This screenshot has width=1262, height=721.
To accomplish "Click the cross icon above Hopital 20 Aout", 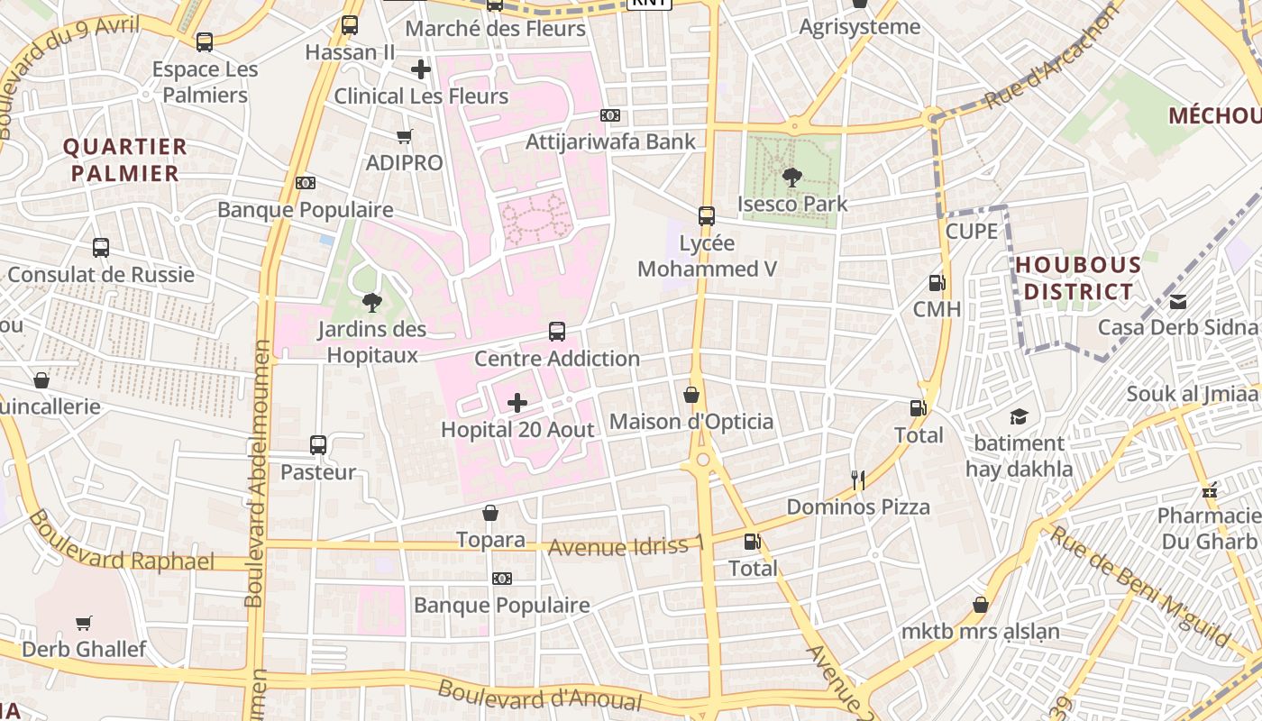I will pyautogui.click(x=517, y=402).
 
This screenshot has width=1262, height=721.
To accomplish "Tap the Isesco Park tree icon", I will pyautogui.click(x=792, y=178).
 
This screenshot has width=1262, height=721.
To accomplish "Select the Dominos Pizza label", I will pyautogui.click(x=858, y=507).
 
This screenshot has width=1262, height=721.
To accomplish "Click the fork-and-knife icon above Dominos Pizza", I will pyautogui.click(x=858, y=480).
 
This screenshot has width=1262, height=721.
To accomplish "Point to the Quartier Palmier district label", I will pyautogui.click(x=125, y=160).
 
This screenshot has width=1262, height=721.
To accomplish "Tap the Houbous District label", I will pyautogui.click(x=1078, y=278).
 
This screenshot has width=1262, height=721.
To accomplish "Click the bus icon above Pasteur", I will pyautogui.click(x=318, y=444).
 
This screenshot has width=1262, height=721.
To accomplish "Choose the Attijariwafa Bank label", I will pyautogui.click(x=611, y=141).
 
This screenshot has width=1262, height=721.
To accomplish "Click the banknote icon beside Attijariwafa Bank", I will pyautogui.click(x=610, y=115).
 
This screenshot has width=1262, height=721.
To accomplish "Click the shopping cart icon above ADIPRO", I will pyautogui.click(x=405, y=136).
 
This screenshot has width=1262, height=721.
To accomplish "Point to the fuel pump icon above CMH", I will pyautogui.click(x=937, y=283).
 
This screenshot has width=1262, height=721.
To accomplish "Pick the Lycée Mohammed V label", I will pyautogui.click(x=707, y=256).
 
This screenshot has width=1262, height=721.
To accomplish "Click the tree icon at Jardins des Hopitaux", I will pyautogui.click(x=371, y=303).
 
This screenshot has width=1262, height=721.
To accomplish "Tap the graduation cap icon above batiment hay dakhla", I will pyautogui.click(x=1019, y=416).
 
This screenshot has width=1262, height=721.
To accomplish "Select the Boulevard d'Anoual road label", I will pyautogui.click(x=540, y=696).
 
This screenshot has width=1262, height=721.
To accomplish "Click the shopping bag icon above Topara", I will pyautogui.click(x=490, y=513).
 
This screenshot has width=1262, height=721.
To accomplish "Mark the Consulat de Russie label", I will pyautogui.click(x=101, y=274).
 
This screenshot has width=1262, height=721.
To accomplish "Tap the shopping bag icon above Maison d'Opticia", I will pyautogui.click(x=691, y=395).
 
